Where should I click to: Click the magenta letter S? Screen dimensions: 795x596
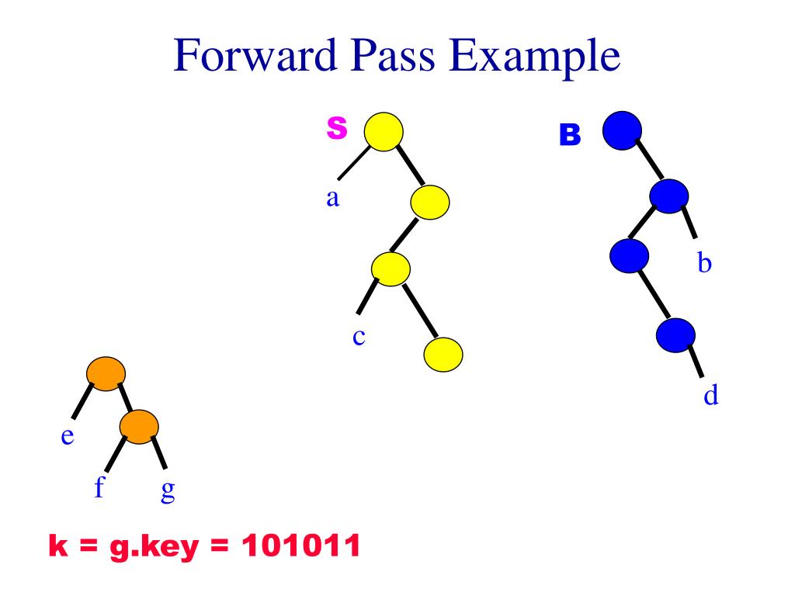pos(336,129)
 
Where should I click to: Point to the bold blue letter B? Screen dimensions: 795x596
pos(570,136)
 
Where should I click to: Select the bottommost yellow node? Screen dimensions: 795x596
pos(443,355)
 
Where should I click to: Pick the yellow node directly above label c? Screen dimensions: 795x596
pos(391,269)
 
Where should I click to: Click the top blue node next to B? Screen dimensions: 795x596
pos(622,129)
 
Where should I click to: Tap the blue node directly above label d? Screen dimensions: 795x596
pos(675,335)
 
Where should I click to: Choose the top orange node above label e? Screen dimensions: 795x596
pos(105,374)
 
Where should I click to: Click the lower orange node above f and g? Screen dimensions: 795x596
pos(139,426)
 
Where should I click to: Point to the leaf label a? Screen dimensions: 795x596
pos(332,198)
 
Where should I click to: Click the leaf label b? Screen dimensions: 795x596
pos(704,264)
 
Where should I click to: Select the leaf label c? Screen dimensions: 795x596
pos(359,338)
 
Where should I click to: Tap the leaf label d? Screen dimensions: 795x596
pos(710,396)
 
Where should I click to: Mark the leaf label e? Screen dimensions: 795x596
pos(68,437)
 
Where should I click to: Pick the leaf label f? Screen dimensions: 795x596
pos(99,489)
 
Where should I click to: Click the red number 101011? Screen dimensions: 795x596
pos(301,548)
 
